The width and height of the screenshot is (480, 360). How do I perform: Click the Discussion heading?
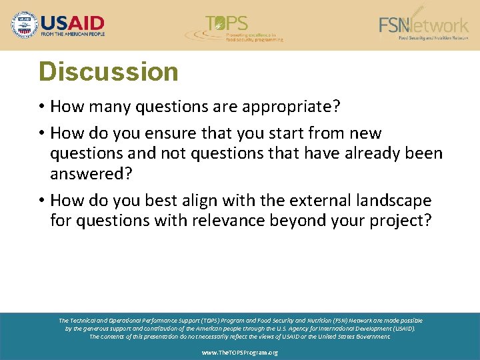point(109,72)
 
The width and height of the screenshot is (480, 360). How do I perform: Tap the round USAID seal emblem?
point(25,25)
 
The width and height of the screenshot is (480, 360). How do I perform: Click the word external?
point(321,201)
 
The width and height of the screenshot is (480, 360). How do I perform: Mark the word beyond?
point(297,221)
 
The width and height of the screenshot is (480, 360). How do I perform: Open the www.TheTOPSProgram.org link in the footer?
point(240,353)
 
